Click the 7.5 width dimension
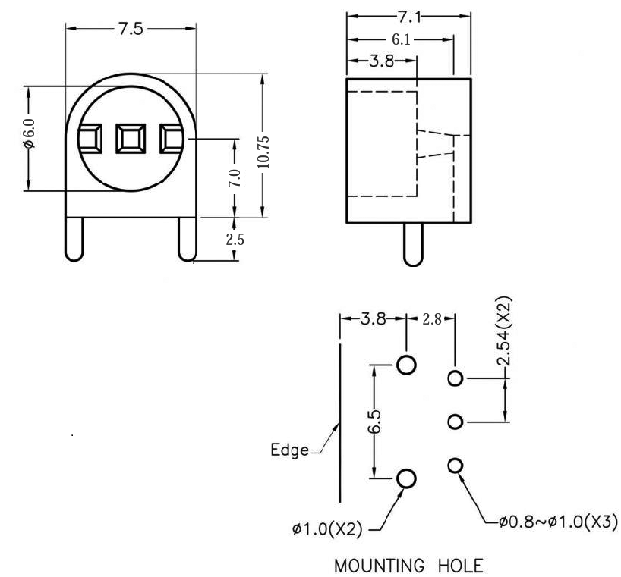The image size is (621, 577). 131,30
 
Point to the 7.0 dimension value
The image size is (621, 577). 235,180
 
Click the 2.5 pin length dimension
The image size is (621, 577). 236,239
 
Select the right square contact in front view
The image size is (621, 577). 171,138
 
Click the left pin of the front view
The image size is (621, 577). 74,240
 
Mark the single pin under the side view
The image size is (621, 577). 412,244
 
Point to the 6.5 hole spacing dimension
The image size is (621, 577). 374,421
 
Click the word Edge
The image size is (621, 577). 290,450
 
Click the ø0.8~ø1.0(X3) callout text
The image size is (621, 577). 557,522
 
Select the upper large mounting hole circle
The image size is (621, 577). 407,365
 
